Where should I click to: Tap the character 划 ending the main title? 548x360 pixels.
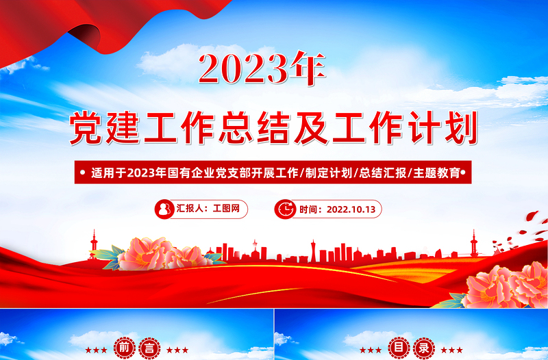click(x=458, y=129)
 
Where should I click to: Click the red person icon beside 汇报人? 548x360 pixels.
click(x=165, y=209)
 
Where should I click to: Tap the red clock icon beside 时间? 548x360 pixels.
click(x=284, y=209)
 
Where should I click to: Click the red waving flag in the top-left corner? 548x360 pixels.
click(x=103, y=24)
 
